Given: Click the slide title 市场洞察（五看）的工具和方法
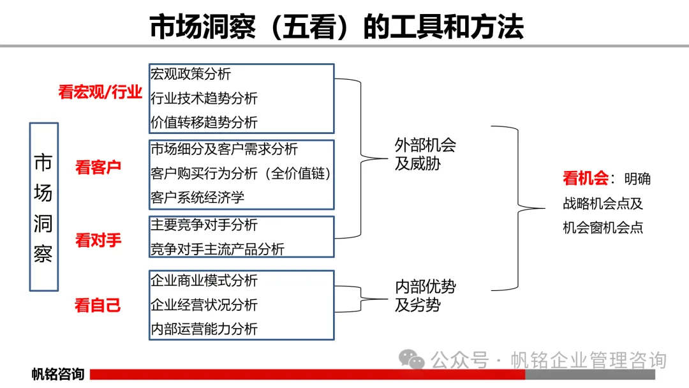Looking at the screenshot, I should (336, 27).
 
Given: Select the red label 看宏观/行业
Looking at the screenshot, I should (100, 93).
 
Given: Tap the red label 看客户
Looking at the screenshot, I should (98, 167).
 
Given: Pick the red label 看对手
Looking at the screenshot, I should (98, 241).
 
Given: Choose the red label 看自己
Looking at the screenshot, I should (98, 305).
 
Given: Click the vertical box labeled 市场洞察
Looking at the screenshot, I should (43, 207).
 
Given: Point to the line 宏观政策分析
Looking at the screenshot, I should (191, 74).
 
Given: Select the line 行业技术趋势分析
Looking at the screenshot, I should (204, 98).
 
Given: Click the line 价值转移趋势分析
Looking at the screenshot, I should (204, 121).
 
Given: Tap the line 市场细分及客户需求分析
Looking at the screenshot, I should (224, 149).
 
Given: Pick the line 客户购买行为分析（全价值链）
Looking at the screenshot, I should (242, 174).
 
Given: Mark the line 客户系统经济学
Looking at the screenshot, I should (197, 197).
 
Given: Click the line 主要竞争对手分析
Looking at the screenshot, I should (204, 225).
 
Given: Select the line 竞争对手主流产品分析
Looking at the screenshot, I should (217, 249).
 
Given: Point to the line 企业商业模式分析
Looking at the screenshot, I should (204, 281).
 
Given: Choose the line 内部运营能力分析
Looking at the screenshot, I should (204, 329).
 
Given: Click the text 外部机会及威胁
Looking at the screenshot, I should (426, 154).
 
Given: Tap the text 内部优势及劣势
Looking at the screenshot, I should (426, 296).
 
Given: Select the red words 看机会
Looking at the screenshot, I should (586, 179).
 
